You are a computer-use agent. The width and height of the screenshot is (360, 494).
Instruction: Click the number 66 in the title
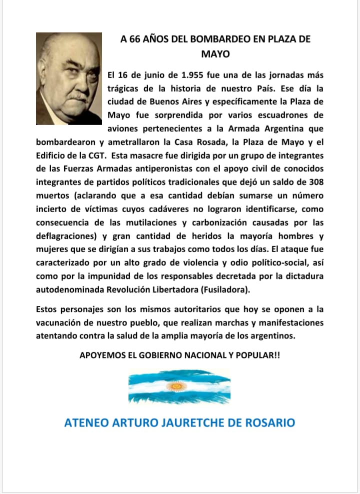[x=134, y=40]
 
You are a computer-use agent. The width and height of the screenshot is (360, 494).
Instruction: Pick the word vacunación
[x=61, y=322]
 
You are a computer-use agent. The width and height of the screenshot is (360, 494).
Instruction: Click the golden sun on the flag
[x=176, y=387]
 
